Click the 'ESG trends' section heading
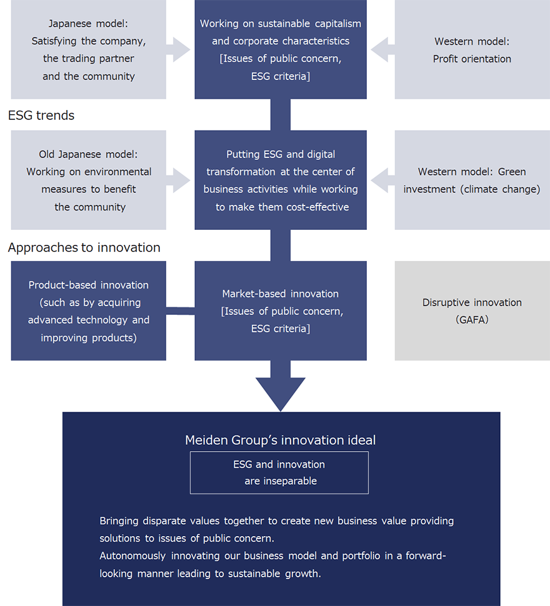41,116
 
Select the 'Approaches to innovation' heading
84,247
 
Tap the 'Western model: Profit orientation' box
472,50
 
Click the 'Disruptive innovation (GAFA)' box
472,310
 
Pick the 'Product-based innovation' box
89,310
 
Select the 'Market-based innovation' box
281,310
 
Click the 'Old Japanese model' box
89,180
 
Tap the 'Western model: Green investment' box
472,180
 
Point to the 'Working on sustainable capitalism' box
281,50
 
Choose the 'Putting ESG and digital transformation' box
281,180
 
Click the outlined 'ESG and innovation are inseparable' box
279,473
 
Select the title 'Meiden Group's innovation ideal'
280,440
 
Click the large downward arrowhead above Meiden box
281,394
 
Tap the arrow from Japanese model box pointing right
181,50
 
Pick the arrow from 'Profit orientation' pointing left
381,50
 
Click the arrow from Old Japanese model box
181,180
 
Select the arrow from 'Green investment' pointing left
381,180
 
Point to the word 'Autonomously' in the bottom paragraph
132,556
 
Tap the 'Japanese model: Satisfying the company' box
89,50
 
